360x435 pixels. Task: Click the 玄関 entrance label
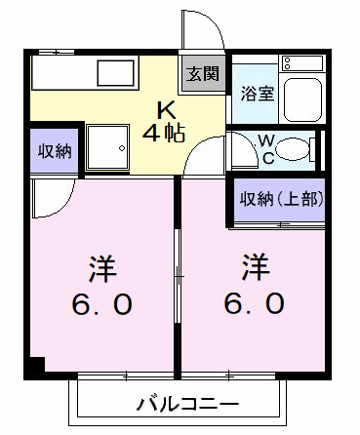point(202,74)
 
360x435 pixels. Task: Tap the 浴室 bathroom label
point(258,94)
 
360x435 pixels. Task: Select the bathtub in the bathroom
point(302,99)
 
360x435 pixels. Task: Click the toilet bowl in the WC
point(293,150)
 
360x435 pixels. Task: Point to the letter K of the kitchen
point(167,110)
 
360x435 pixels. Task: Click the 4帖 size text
point(164,133)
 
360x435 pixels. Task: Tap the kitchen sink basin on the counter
point(116,73)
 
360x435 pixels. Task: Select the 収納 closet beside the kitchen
point(55,151)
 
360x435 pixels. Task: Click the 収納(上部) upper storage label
point(282,199)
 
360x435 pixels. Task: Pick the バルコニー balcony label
point(187,404)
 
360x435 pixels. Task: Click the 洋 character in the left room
point(102,269)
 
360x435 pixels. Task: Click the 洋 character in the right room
point(256,267)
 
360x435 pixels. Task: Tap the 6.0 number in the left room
point(102,304)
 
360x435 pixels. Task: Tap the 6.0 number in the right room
point(255,303)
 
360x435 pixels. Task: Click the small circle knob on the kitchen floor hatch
point(122,148)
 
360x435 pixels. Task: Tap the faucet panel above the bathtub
point(302,63)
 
